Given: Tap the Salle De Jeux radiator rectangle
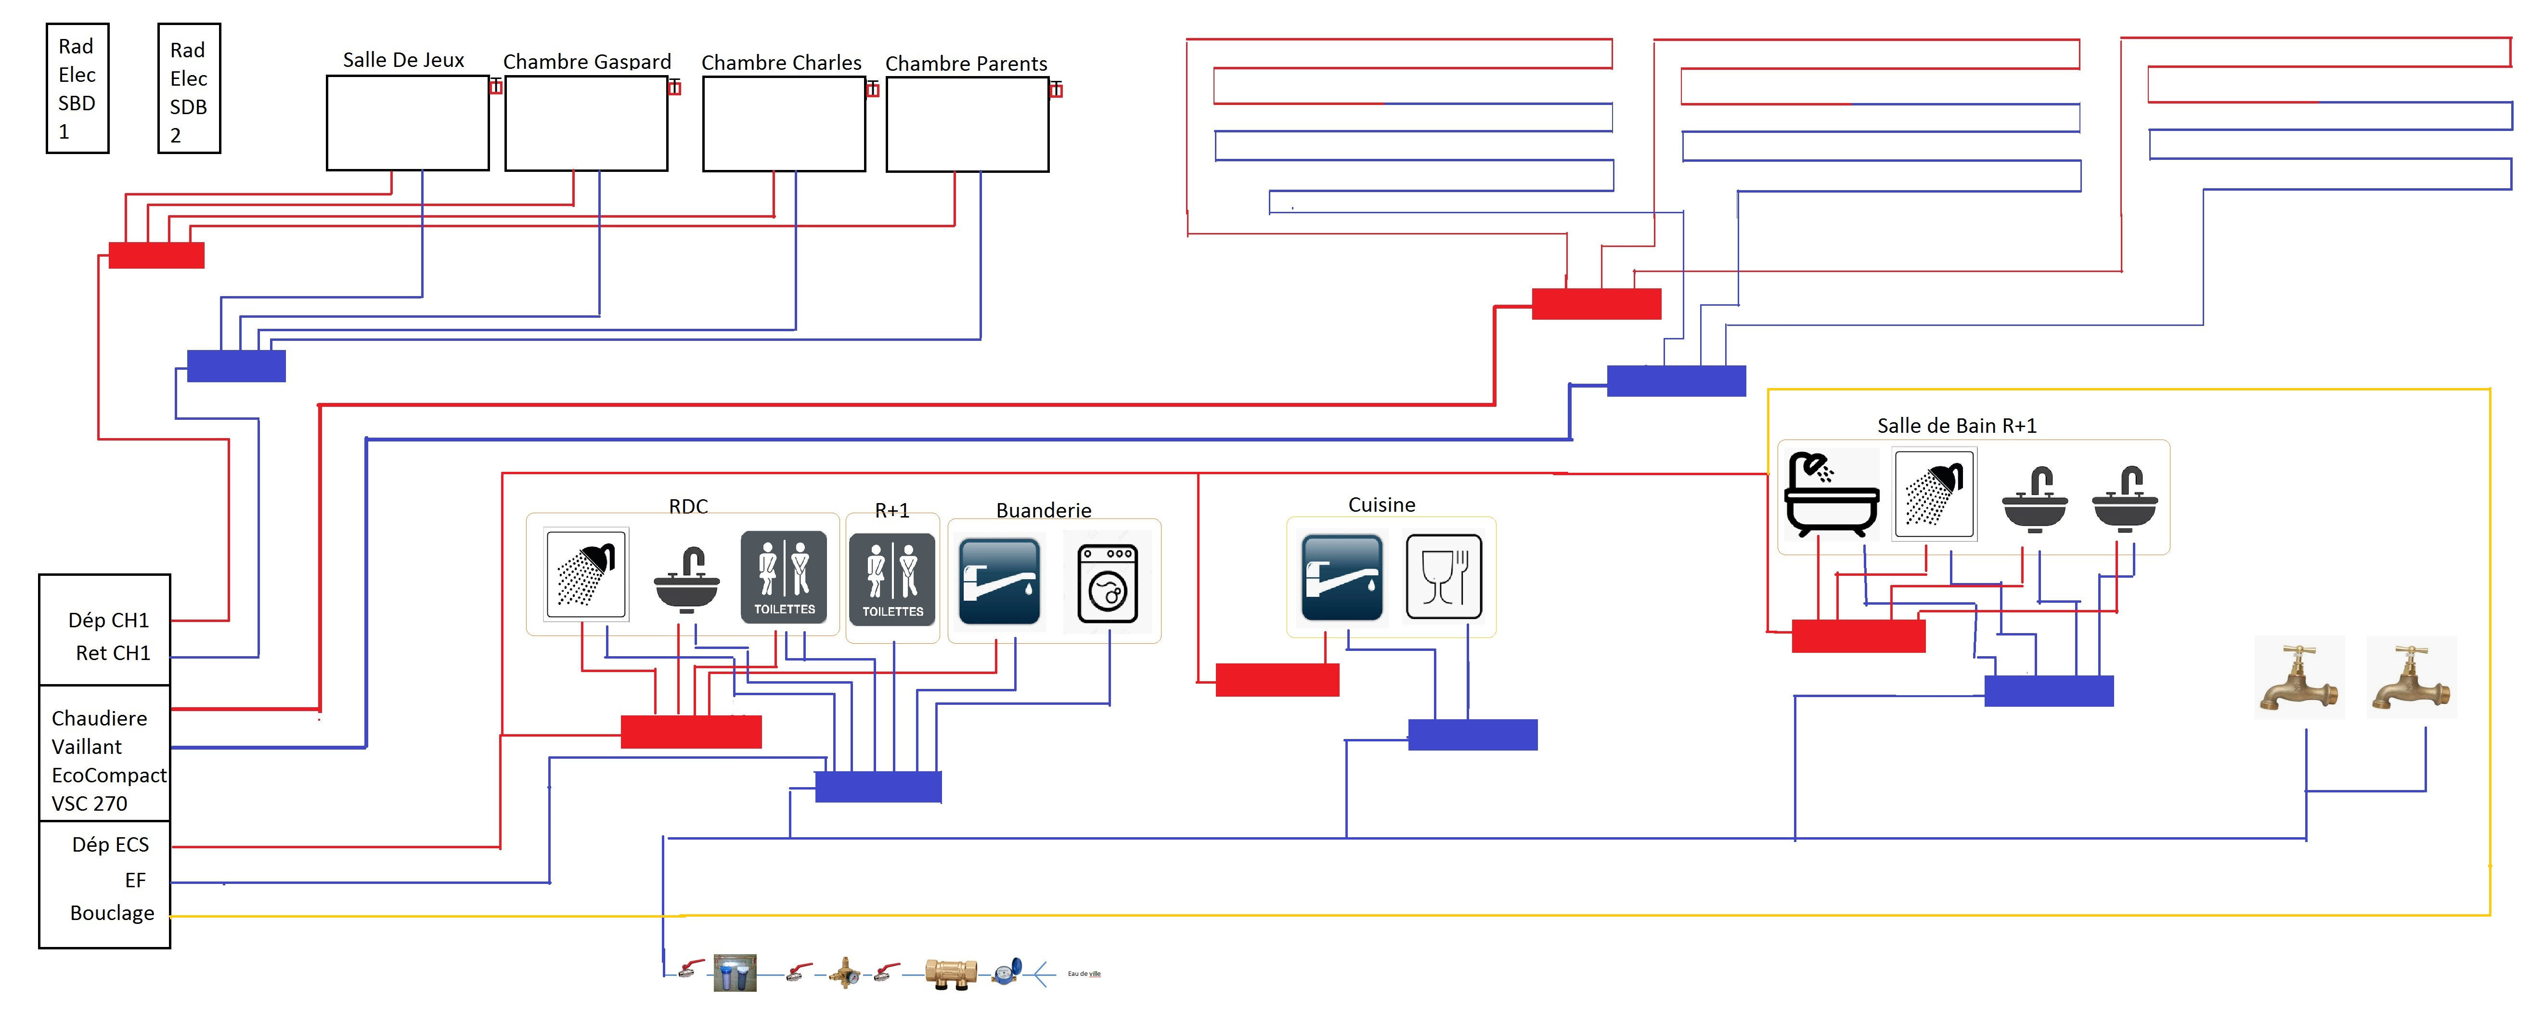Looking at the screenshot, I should pyautogui.click(x=408, y=123).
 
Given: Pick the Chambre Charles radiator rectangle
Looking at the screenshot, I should pyautogui.click(x=784, y=124).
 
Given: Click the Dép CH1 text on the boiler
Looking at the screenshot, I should pyautogui.click(x=108, y=620).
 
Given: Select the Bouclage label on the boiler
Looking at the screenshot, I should pyautogui.click(x=112, y=913).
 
